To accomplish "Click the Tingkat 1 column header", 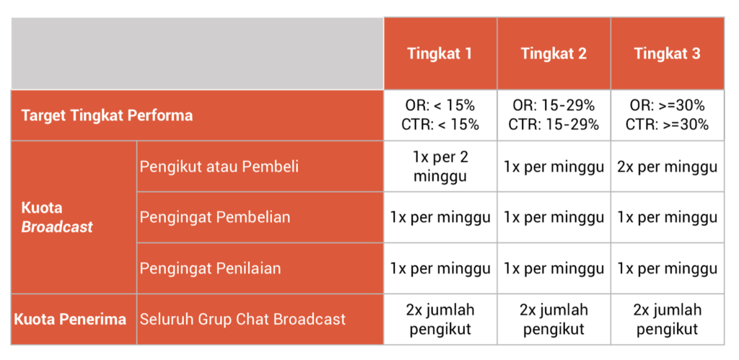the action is click(440, 53).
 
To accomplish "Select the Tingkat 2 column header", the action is click(554, 53).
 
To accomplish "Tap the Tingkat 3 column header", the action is click(667, 53).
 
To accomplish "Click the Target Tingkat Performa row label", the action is click(107, 115).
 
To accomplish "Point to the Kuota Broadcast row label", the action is click(57, 218).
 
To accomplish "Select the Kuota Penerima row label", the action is click(70, 320).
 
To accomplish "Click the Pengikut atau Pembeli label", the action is click(219, 167).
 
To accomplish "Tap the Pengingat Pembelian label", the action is click(215, 217).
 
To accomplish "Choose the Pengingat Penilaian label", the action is click(210, 268).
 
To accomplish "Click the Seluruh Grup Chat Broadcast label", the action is click(242, 320).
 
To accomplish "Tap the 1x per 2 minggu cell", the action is click(440, 167).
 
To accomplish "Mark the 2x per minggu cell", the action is click(668, 167).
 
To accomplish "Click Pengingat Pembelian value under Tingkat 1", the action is click(440, 217).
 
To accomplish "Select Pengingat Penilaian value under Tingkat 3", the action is click(668, 268).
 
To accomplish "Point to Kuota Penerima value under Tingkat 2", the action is click(554, 320).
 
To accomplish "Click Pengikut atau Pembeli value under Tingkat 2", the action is click(554, 167).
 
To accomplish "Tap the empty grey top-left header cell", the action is click(197, 53).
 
